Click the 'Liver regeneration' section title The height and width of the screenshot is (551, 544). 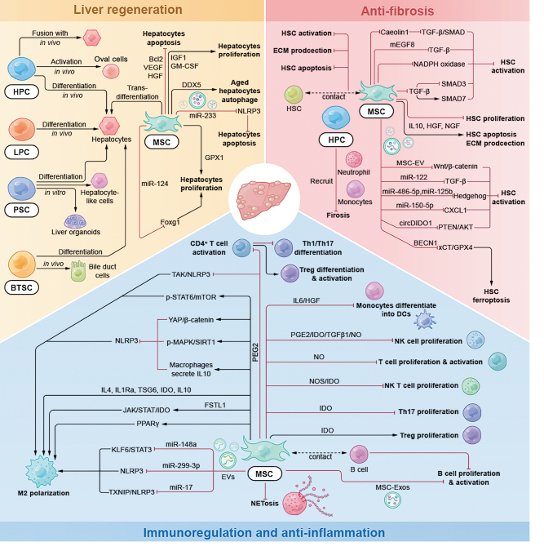point(131,10)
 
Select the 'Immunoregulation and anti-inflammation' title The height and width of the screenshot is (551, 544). point(272,532)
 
